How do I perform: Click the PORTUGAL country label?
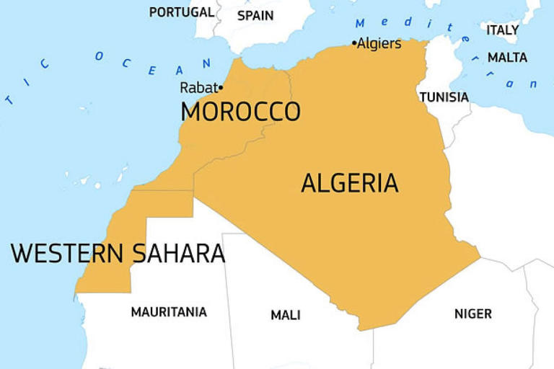181,12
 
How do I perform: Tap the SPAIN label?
255,15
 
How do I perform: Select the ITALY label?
502,30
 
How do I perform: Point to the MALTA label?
507,57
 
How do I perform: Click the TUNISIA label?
444,97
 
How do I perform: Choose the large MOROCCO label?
240,112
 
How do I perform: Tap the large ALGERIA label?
349,184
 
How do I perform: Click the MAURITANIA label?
169,312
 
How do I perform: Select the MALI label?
286,315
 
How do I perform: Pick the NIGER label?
472,314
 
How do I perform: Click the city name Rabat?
198,88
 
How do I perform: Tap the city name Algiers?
379,44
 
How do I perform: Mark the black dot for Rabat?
220,88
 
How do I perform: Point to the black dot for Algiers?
354,43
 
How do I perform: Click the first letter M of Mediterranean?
361,22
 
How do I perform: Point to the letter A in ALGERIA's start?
309,184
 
